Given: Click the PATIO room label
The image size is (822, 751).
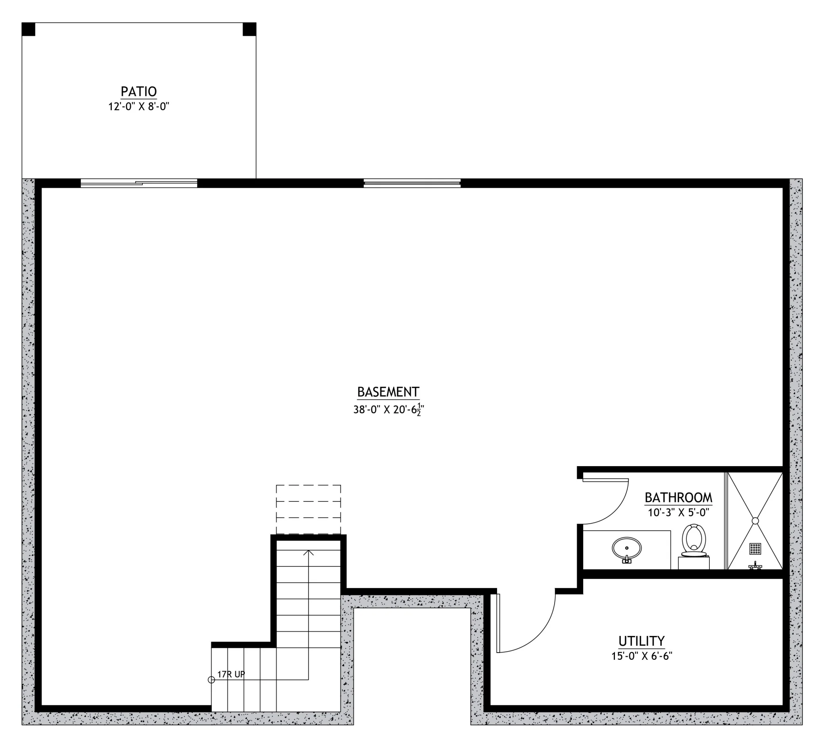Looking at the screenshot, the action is coord(138,91).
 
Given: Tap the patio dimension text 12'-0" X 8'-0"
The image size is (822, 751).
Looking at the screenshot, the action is coord(138,107).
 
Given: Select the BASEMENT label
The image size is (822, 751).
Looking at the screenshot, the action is coord(388,392).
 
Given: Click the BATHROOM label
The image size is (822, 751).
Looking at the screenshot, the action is coord(678,497).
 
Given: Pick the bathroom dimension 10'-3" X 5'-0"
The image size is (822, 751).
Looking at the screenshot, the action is coord(679,513).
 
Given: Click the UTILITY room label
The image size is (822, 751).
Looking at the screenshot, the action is coord(641,641).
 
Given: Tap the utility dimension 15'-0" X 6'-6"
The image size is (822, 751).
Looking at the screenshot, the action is coord(641,656).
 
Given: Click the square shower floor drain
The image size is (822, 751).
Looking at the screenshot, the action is coord(755,548).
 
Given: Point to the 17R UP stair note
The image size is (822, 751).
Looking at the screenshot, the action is coord(231,674).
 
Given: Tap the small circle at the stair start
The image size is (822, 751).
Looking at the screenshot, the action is coord(211,680).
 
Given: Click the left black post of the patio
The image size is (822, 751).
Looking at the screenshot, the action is coord(29,29).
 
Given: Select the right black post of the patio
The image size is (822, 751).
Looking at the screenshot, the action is coord(250,29).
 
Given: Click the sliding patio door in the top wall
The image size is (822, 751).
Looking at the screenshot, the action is coord(139,183).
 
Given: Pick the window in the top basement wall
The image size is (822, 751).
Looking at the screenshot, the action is coord(412,183).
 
